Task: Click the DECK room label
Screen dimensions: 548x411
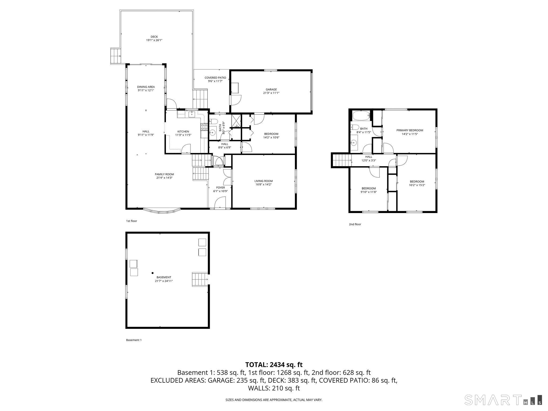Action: [x=154, y=37]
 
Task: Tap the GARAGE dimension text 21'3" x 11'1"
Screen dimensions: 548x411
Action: [x=271, y=93]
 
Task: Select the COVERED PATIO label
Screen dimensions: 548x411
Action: [x=215, y=78]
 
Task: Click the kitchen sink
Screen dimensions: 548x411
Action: [x=192, y=115]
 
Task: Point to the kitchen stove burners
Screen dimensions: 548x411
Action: [x=205, y=127]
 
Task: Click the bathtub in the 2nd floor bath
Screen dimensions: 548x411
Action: [x=360, y=116]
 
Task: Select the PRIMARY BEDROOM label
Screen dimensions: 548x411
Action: [x=410, y=130]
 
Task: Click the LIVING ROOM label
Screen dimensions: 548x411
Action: [x=264, y=181]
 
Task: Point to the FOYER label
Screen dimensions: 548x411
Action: [x=220, y=188]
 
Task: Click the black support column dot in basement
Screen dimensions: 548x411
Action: [x=153, y=273]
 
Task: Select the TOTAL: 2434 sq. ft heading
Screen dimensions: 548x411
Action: [x=274, y=364]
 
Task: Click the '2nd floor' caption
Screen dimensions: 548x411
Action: [x=355, y=224]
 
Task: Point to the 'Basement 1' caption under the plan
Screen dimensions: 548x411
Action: [x=134, y=340]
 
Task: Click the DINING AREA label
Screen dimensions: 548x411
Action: [x=146, y=87]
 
